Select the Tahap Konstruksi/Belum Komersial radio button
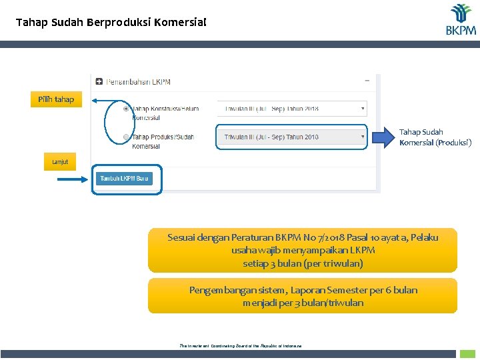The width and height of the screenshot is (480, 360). point(127,108)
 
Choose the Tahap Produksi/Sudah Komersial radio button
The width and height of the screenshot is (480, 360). point(127,137)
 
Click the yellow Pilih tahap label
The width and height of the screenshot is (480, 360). point(56,99)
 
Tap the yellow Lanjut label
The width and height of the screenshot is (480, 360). point(60,162)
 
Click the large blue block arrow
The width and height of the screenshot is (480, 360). point(383,137)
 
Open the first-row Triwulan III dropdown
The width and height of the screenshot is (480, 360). point(291,108)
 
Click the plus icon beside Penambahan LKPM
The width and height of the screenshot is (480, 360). point(99,82)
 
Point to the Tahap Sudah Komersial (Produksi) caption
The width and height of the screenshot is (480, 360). point(435,137)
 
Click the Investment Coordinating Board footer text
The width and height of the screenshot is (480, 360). point(241,346)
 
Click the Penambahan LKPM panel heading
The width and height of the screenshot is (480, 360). point(138,82)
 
